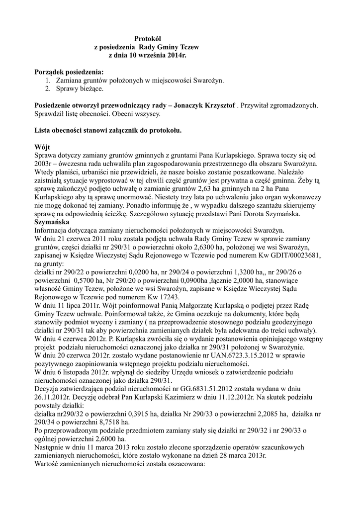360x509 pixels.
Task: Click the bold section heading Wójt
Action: tap(42, 148)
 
